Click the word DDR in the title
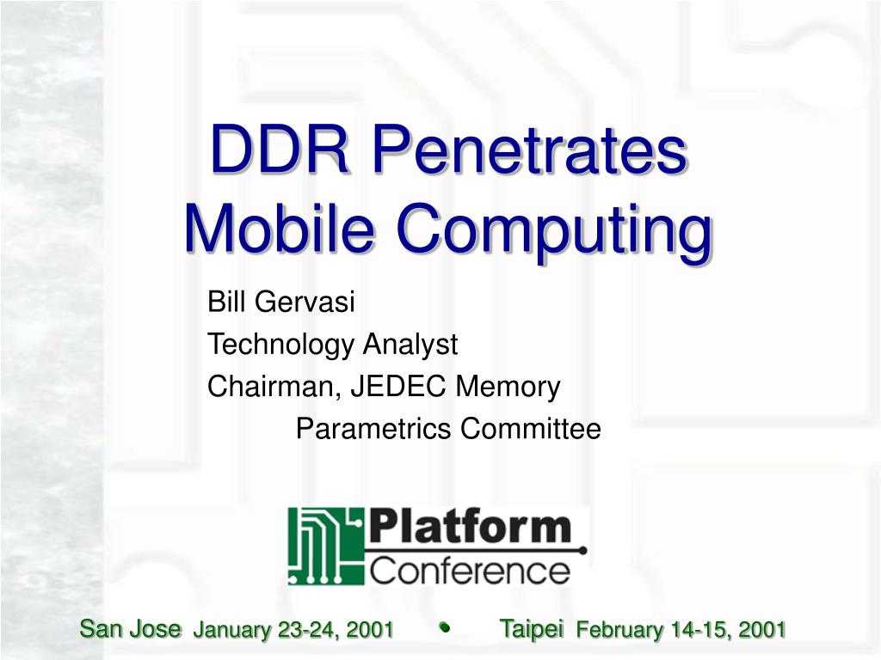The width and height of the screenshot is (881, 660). [280, 149]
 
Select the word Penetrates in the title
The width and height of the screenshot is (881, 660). [529, 149]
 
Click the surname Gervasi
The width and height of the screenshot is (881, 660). [304, 302]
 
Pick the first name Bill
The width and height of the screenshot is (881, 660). [226, 302]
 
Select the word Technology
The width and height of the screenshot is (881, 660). [281, 345]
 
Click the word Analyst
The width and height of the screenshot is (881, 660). [410, 345]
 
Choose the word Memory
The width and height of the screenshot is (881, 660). [508, 388]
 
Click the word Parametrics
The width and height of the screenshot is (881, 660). [373, 429]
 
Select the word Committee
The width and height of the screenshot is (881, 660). [531, 429]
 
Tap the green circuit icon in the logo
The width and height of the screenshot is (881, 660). [325, 546]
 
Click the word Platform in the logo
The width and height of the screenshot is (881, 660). [470, 527]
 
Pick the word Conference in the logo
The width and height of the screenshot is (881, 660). [470, 571]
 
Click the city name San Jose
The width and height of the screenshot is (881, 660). [131, 628]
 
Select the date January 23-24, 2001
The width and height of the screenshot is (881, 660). [293, 630]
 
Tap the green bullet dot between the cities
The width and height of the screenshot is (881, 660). [445, 627]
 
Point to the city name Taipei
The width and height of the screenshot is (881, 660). [531, 629]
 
